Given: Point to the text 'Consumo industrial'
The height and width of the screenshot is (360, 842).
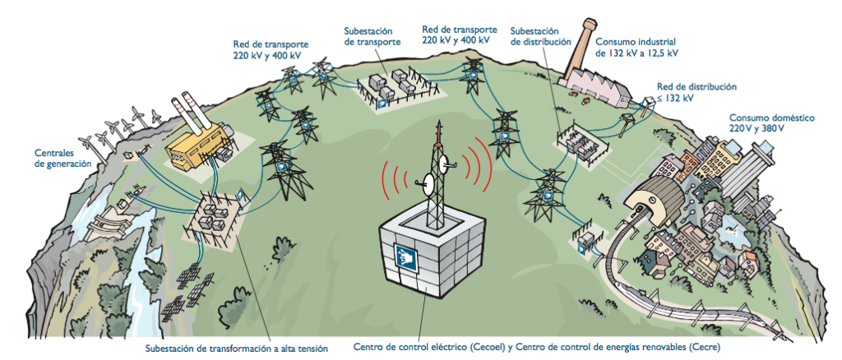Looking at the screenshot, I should [x=636, y=39].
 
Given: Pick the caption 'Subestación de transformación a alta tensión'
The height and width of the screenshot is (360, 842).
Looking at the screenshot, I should [x=231, y=348].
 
